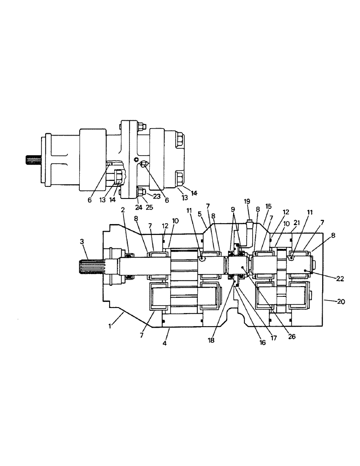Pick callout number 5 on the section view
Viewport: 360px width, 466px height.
pos(199,214)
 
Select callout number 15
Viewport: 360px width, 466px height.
pos(268,206)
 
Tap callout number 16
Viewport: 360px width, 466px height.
pos(263,343)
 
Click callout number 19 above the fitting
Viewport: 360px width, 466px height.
pos(247,201)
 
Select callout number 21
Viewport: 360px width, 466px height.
pos(296,223)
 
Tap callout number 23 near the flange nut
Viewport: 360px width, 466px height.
pos(156,196)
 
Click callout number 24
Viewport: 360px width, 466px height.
pos(138,207)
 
